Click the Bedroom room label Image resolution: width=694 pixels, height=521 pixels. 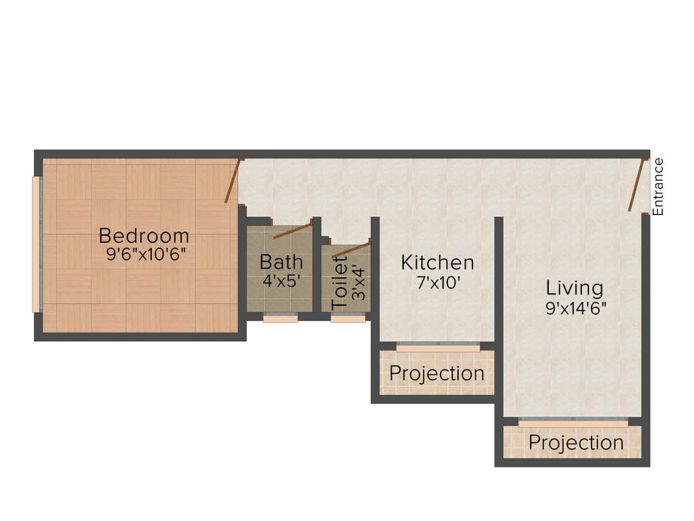144,236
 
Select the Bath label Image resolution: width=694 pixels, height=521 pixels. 281,261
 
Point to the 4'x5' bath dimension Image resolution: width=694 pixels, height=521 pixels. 281,279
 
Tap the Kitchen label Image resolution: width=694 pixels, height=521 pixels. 437,263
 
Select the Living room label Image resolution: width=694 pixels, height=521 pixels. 574,288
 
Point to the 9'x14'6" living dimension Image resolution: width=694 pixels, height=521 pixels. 576,308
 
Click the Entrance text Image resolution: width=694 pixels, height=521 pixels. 658,187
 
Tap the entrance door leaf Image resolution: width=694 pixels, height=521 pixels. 636,185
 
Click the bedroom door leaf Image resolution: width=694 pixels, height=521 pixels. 232,181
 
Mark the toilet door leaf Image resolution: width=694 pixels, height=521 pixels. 352,249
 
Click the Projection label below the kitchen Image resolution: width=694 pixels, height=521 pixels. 436,374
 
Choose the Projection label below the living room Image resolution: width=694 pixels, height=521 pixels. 575,443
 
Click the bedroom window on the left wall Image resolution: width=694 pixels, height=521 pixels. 37,245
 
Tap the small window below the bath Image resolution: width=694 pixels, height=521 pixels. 280,318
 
